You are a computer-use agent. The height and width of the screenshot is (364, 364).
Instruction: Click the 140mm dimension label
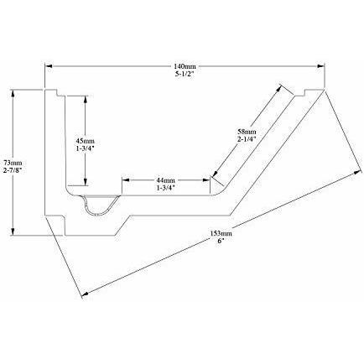(185, 66)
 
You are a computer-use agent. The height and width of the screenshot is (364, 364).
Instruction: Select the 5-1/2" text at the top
(185, 75)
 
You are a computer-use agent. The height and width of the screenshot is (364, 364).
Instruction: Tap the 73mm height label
(13, 162)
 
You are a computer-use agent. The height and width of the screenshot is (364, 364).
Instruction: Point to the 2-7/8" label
(13, 170)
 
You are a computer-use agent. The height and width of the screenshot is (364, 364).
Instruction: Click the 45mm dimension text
(85, 141)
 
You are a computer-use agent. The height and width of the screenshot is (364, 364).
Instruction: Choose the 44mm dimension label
(166, 180)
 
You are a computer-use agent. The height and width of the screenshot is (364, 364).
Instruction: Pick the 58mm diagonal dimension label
(247, 131)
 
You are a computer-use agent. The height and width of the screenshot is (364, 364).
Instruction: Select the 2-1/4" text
(247, 139)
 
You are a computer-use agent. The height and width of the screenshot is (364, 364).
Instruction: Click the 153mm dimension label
(221, 233)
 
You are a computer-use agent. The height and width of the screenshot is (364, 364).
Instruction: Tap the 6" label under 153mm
(221, 241)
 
